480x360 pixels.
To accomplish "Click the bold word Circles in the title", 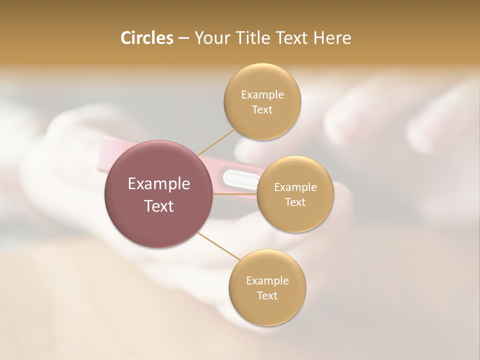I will tap(146, 38).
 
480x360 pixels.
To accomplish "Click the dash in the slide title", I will tap(183, 38).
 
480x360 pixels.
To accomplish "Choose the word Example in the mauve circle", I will tap(159, 183).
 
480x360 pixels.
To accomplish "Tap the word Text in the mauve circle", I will tap(159, 205).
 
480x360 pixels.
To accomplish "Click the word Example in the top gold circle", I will tap(262, 94).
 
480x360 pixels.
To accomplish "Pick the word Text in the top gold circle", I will tap(262, 109).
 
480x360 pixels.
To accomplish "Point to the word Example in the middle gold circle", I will tap(295, 187).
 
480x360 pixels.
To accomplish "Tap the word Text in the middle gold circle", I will tap(295, 202).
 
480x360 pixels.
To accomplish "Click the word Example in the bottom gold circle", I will tap(267, 280).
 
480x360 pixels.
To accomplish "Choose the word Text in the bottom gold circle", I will tap(267, 295).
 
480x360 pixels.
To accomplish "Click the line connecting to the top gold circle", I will tap(216, 142).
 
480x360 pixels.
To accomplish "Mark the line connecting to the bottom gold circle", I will tap(215, 245).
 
